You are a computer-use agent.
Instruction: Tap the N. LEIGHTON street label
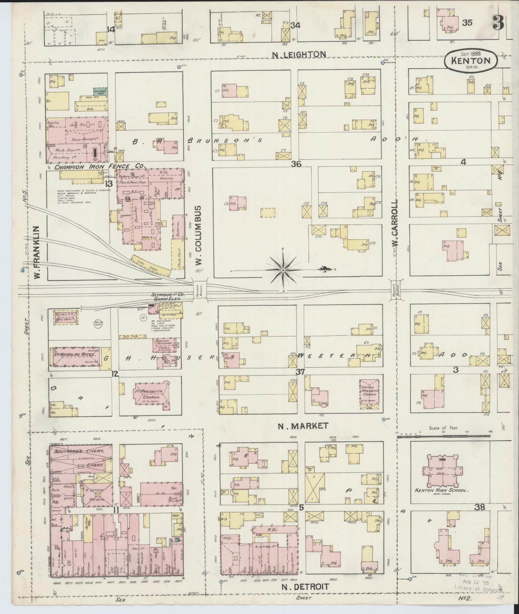299,54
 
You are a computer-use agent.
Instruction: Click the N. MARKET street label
303,426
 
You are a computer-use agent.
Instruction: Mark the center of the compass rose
282,270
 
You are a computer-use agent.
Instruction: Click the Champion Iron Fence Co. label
100,166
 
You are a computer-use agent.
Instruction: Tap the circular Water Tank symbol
98,323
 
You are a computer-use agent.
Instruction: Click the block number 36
296,164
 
